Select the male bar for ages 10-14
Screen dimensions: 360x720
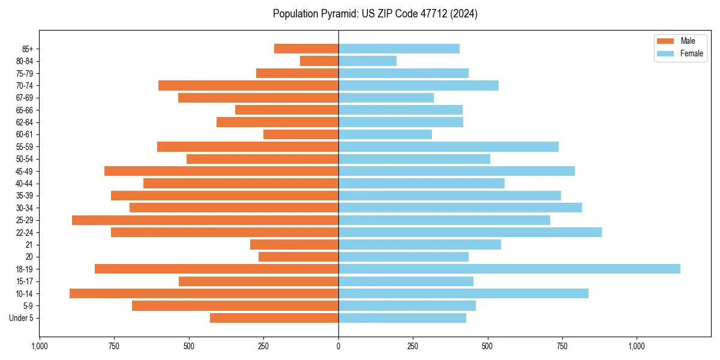pos(204,293)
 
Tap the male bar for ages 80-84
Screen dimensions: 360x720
pos(319,61)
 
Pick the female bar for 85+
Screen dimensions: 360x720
pos(399,49)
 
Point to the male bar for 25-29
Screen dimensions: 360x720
pos(205,220)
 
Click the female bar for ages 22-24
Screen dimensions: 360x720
pos(470,232)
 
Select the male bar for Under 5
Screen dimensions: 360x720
pos(274,318)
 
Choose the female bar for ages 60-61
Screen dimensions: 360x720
pos(385,134)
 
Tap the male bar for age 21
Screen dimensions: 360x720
pos(294,244)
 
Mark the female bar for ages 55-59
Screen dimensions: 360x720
pos(448,146)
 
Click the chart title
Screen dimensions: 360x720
pos(375,14)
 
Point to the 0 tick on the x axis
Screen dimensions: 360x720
pos(338,346)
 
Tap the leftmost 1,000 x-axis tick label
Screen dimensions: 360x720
pos(40,346)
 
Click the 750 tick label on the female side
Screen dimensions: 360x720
pos(562,346)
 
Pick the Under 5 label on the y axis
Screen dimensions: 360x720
pos(21,318)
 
